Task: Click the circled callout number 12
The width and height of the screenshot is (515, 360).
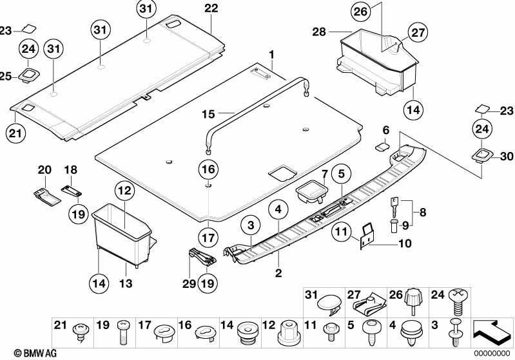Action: point(125,191)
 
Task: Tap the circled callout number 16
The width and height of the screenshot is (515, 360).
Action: point(208,169)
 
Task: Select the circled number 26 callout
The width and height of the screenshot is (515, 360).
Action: point(360,12)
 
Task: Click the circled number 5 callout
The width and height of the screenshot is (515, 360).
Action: point(342,174)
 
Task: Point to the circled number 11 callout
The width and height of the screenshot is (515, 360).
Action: point(342,232)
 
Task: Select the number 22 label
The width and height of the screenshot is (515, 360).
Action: point(211,8)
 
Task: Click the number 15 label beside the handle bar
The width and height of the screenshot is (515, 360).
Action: point(208,115)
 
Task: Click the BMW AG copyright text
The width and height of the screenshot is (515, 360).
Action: point(35,353)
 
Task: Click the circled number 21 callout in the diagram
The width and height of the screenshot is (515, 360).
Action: point(15,133)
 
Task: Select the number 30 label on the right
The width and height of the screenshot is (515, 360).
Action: point(507,156)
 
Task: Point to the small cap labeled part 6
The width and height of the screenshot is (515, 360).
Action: point(382,146)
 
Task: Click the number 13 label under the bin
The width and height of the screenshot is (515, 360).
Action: point(126,283)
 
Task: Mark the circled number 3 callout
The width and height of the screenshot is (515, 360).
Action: point(251,225)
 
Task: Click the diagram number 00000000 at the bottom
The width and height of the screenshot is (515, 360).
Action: point(492,353)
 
